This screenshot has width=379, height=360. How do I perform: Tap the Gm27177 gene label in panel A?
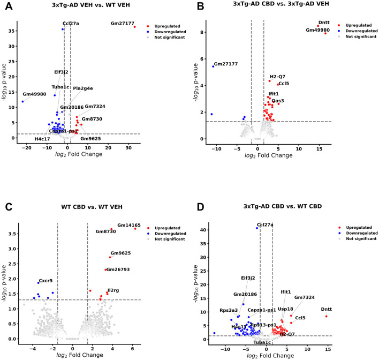click(x=124, y=24)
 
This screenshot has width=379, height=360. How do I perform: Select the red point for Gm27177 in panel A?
click(x=135, y=27)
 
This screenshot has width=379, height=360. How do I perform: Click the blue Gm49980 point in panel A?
click(x=23, y=101)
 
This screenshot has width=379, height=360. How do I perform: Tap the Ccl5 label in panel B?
click(x=284, y=84)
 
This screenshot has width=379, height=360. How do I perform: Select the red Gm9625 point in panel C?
click(x=110, y=257)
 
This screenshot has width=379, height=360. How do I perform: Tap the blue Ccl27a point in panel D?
click(x=257, y=228)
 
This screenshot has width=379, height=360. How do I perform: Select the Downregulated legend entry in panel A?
click(x=168, y=32)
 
